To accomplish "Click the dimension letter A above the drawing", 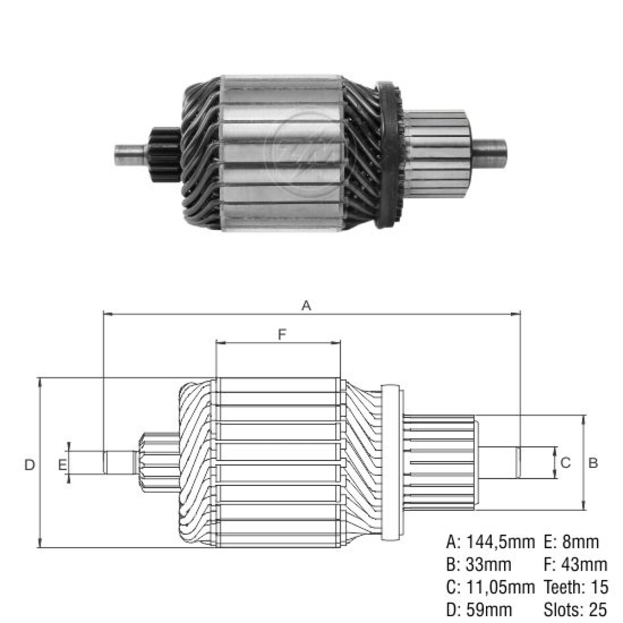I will point(306,306).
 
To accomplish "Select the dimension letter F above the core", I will point(282,335).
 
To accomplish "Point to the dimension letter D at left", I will point(30,465).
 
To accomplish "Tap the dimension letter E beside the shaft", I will point(62,465).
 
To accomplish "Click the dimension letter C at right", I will point(566,462).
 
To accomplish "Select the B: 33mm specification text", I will point(479,564).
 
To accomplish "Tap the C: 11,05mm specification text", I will point(490,587).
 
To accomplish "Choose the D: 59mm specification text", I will point(479,609).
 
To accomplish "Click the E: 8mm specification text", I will point(571,543).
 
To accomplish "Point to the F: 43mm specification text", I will point(575,564).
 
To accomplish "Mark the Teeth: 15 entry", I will point(575,587).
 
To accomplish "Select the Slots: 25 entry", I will point(575,609).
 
